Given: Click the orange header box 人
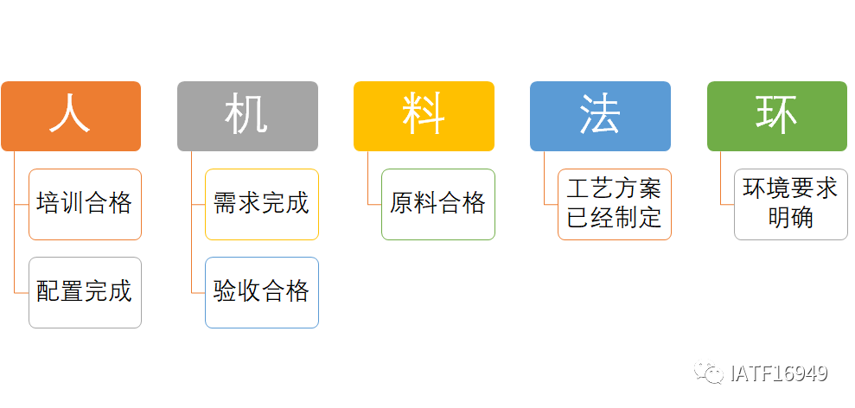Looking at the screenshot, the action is pos(71,116).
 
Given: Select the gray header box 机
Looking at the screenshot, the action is pos(247,116).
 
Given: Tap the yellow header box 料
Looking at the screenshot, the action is pos(424,116).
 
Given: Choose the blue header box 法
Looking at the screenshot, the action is pos(600,116).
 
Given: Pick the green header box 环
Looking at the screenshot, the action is pos(777,116).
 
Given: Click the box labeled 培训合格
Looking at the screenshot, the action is pos(85,204).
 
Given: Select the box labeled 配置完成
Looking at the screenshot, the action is pos(85,292).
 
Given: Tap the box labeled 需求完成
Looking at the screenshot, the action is pos(262,204).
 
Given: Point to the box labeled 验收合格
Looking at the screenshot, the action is pos(262,292).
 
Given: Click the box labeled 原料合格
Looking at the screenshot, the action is pos(438,204).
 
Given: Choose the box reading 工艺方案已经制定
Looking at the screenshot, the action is pos(615,204).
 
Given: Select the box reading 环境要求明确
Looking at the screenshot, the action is pos(791,204).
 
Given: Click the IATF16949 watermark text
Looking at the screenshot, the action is pos(779,373).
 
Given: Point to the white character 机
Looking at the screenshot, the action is pos(246,115).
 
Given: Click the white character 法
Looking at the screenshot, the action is pos(600,115).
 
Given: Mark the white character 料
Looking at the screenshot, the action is pos(424,115).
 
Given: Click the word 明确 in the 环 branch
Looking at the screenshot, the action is pos(791,218).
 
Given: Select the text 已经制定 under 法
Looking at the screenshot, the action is pos(615,218).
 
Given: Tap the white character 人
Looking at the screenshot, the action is pos(70,115).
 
